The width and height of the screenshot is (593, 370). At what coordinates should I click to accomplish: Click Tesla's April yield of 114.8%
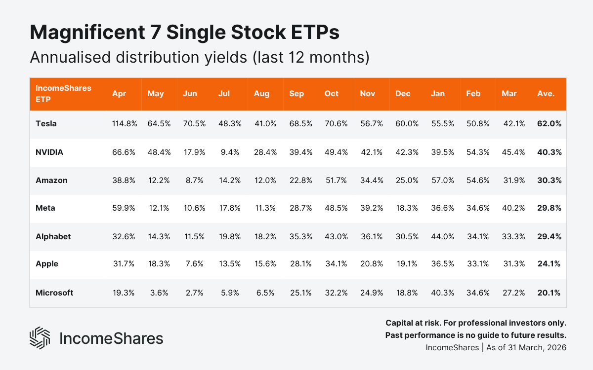click(124, 124)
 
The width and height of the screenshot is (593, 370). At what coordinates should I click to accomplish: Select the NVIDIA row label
click(49, 152)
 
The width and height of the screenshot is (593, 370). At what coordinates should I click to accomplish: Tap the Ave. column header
click(546, 94)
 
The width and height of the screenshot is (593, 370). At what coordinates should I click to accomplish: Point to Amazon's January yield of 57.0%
click(442, 181)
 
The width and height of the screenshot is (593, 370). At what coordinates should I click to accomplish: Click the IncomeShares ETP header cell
click(56, 93)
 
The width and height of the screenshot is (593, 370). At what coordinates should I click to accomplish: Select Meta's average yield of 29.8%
click(549, 208)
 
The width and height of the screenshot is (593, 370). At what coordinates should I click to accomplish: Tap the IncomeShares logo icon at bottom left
click(40, 338)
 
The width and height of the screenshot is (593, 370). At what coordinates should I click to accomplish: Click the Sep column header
click(296, 94)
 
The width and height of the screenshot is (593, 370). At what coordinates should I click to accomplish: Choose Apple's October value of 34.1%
click(336, 264)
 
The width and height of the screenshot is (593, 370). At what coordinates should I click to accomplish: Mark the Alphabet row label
click(53, 237)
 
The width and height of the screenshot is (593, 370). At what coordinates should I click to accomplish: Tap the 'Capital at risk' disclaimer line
click(475, 323)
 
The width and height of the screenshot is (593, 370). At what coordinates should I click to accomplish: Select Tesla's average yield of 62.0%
click(549, 124)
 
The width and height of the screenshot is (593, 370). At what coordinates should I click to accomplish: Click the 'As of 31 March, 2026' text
click(524, 347)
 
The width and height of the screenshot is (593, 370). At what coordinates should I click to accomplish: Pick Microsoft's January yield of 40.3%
click(442, 293)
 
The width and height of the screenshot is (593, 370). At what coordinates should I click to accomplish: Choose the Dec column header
click(403, 94)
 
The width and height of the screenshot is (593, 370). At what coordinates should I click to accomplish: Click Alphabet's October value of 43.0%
click(336, 237)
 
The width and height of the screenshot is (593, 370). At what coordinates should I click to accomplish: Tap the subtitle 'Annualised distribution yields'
click(138, 57)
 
